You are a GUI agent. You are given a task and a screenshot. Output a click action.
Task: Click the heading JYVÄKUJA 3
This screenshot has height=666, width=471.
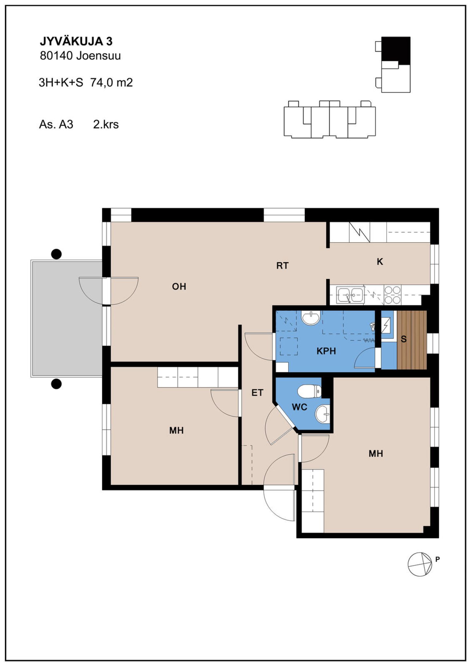(76, 41)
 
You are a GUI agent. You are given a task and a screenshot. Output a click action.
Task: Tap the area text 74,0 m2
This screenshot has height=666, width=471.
(112, 82)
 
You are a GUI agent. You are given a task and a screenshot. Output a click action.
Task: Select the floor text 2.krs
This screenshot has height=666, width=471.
(106, 125)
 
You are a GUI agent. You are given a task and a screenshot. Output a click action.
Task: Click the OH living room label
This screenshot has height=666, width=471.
(179, 286)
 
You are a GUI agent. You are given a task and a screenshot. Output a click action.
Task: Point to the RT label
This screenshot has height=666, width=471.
(283, 266)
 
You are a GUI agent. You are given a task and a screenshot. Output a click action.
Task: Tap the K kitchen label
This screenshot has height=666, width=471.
(380, 262)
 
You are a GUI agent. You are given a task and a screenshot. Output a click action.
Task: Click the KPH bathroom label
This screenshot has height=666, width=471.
(326, 351)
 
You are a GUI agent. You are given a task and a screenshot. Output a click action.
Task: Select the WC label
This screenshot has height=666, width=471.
(300, 407)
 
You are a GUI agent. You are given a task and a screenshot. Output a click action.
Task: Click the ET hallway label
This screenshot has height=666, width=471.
(257, 393)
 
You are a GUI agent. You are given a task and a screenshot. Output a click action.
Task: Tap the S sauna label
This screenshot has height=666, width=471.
(404, 339)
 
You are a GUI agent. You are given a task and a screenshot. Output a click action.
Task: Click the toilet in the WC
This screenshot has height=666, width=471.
(309, 391)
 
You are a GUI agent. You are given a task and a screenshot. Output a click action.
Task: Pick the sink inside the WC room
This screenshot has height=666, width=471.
(323, 414)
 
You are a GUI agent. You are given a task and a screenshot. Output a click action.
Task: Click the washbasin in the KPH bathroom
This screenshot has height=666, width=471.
(310, 317)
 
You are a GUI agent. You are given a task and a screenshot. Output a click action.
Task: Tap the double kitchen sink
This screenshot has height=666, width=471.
(350, 295)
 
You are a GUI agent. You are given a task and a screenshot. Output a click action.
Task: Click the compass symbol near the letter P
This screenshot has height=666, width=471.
(420, 564)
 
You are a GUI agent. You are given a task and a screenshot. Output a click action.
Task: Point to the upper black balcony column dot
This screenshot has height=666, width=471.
(57, 254)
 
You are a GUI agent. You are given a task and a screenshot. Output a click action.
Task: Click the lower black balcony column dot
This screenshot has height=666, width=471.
(57, 384)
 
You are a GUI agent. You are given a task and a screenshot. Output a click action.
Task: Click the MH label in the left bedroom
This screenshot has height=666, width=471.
(176, 431)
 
